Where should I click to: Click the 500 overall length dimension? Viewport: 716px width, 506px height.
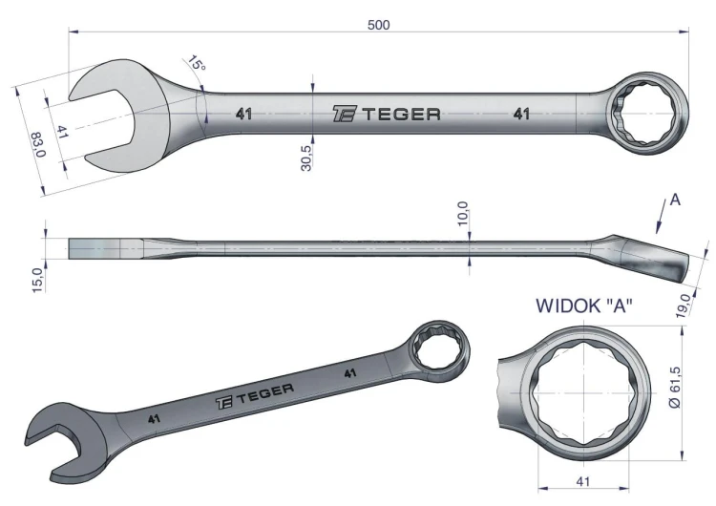(x=379, y=25)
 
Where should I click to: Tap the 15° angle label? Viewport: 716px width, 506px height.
(x=197, y=63)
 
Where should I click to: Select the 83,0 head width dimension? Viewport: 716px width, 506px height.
(x=38, y=144)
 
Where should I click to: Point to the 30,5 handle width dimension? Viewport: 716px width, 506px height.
(x=306, y=158)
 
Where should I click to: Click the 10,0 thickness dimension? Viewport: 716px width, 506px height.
(x=463, y=213)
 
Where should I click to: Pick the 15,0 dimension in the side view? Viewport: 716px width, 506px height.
(x=38, y=280)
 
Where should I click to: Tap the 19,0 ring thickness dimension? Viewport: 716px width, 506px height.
(x=684, y=306)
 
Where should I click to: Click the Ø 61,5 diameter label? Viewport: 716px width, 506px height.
(x=675, y=387)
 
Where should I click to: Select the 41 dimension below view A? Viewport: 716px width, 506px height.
(x=583, y=481)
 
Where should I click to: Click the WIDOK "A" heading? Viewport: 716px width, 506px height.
(x=584, y=306)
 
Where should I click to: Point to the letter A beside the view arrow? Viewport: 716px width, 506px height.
(x=675, y=200)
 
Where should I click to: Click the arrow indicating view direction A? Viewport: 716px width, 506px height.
(x=661, y=217)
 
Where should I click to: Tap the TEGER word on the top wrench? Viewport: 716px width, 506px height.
(x=402, y=115)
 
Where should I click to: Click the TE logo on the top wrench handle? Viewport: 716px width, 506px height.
(x=345, y=114)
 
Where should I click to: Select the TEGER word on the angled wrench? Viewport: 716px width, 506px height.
(x=264, y=393)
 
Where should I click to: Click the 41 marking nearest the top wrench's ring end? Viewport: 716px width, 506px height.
(x=521, y=114)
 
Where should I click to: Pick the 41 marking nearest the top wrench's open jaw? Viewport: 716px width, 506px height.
(x=243, y=114)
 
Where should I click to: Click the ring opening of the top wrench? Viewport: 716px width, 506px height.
(x=643, y=114)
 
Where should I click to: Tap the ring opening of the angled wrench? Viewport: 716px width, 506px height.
(x=438, y=348)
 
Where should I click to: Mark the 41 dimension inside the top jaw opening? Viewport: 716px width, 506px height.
(x=63, y=132)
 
